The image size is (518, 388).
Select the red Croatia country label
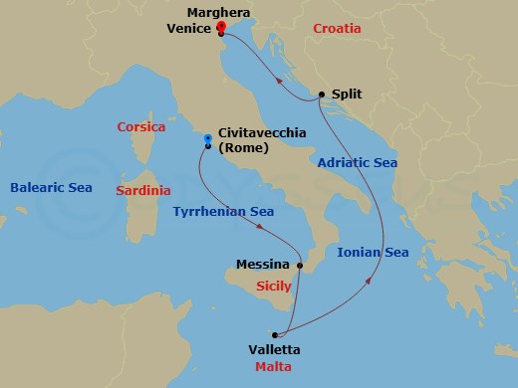[x=337, y=29]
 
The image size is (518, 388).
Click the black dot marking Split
[x=322, y=95]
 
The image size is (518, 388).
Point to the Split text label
[x=346, y=95]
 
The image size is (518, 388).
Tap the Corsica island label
[x=140, y=127]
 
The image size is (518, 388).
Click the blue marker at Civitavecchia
[x=207, y=139]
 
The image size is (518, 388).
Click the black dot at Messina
[x=300, y=266]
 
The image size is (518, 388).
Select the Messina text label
[x=263, y=265]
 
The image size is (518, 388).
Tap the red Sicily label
[x=274, y=286]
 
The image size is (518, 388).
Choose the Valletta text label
[x=274, y=349]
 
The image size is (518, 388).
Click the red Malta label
[x=274, y=369]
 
